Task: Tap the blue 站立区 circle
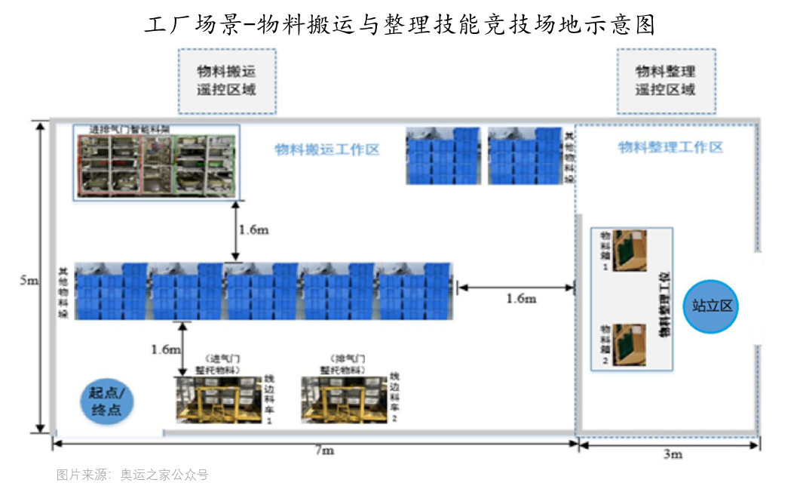(713, 306)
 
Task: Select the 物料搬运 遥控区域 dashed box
(226, 81)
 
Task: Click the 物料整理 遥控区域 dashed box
(665, 81)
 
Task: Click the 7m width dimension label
(323, 451)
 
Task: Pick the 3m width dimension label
(673, 454)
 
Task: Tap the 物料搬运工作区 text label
(326, 149)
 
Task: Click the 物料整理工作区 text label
(670, 147)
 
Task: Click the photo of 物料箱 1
(629, 251)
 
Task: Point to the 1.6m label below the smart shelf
(253, 229)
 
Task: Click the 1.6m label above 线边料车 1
(166, 349)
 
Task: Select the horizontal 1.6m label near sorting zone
(520, 298)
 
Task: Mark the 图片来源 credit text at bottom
(132, 475)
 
